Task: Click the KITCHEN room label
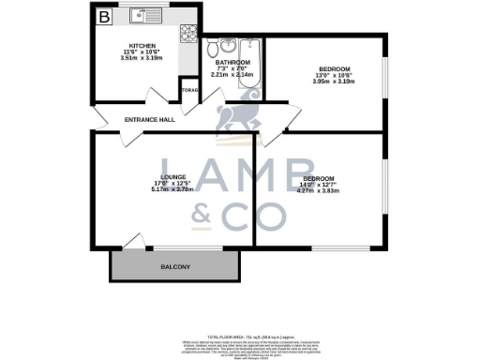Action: point(142,46)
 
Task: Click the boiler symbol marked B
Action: point(104,16)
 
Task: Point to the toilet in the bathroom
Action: point(215,46)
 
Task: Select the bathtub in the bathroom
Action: point(250,64)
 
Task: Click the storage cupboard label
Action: point(190,92)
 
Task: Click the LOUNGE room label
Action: point(172,176)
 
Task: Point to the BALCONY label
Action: point(175,268)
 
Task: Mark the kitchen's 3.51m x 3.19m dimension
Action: point(142,58)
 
